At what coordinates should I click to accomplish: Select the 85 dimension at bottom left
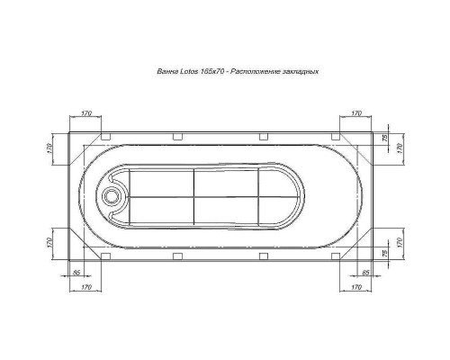[76, 271]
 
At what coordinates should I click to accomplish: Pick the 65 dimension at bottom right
[365, 271]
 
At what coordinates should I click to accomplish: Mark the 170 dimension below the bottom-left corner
[86, 286]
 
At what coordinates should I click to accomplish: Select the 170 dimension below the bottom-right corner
[356, 286]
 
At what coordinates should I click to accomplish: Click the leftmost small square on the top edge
[107, 138]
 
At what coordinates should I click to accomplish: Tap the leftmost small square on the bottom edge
[107, 254]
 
